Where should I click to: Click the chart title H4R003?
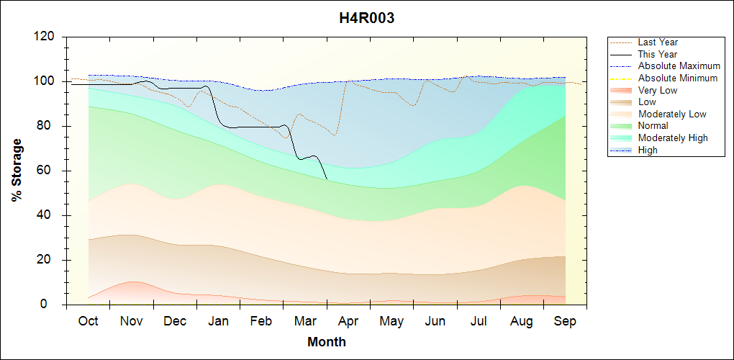point(366,19)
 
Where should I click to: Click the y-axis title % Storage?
point(17,175)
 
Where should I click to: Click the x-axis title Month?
point(326,342)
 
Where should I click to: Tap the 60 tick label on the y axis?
point(50,171)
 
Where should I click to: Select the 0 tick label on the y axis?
point(53,305)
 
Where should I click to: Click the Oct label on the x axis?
point(88,321)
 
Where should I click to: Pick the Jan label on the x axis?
point(218,321)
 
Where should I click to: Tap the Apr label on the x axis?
point(348,321)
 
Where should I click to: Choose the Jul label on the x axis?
point(479,321)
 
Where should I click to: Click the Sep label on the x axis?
point(565,321)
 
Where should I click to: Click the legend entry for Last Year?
point(658,42)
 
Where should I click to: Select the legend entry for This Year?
point(658,54)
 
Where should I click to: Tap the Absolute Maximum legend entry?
point(679,66)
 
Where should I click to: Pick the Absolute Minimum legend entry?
point(678,78)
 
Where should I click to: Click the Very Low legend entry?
point(658,90)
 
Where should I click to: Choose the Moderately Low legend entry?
point(672,114)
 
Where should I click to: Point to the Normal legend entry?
point(653,126)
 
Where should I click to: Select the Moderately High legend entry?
point(673,138)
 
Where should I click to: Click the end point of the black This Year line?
point(327,179)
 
